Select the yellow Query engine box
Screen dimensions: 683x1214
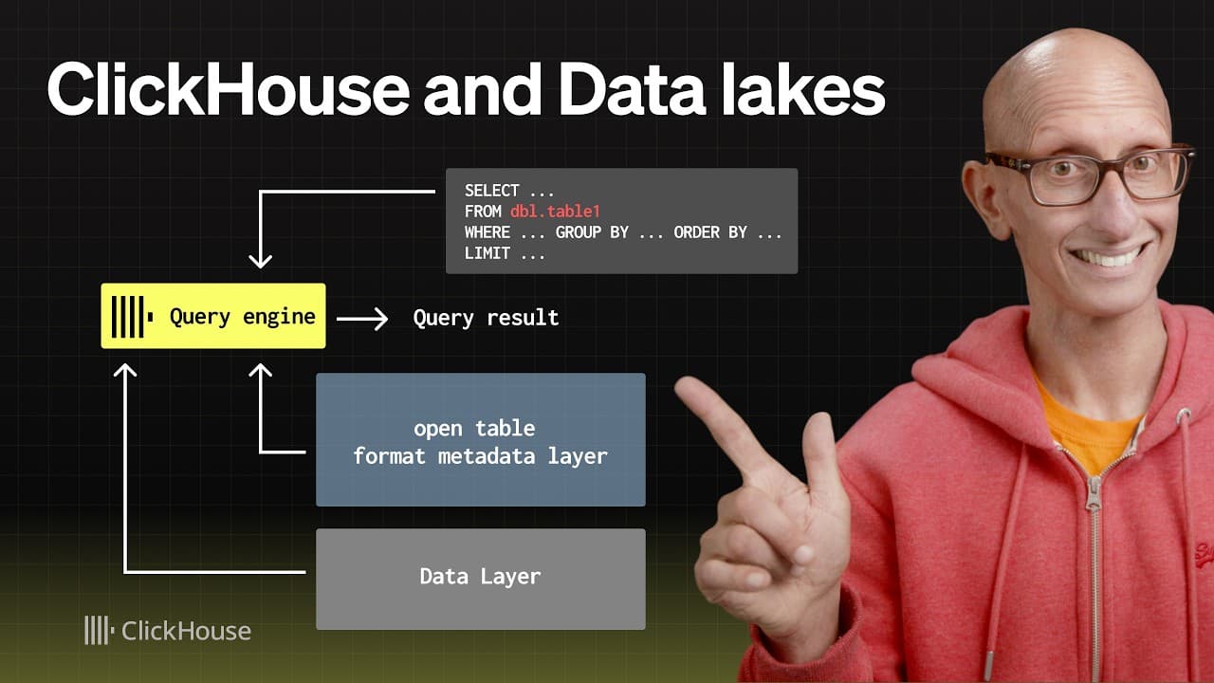point(213,316)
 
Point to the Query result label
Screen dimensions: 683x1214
point(486,318)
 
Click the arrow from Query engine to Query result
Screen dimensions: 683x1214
point(362,319)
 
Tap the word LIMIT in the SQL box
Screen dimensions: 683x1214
point(487,253)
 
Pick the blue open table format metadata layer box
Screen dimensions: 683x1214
point(480,439)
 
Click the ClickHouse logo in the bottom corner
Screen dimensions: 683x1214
point(168,631)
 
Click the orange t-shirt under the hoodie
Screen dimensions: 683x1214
point(1091,427)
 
